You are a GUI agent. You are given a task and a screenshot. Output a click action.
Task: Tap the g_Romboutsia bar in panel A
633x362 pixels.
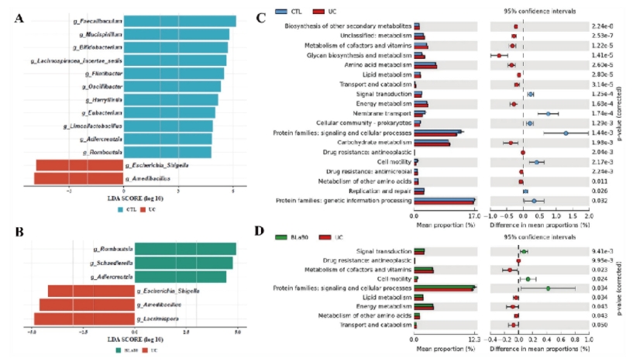tap(167, 151)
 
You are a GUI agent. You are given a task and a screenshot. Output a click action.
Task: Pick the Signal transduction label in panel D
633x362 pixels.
tap(383, 251)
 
